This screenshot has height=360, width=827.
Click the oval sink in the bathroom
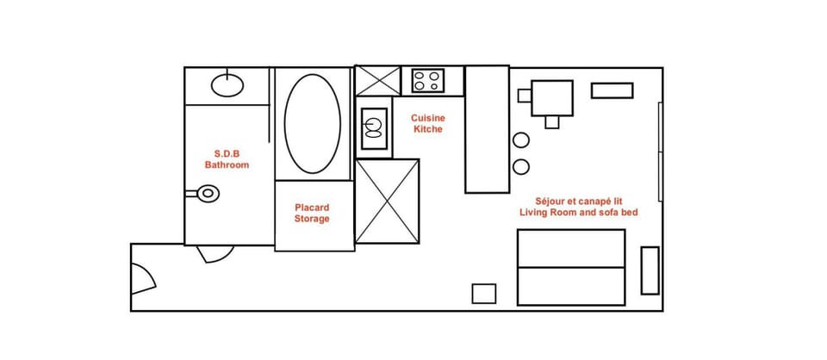(x=227, y=84)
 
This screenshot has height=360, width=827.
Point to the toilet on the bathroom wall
(x=206, y=193)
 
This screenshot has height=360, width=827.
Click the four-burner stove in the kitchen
(x=426, y=81)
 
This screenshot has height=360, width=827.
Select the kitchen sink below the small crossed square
(x=373, y=127)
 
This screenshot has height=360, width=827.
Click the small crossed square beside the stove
(x=377, y=81)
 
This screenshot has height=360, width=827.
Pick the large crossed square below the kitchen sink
(x=387, y=201)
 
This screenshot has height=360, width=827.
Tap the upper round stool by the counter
(x=521, y=140)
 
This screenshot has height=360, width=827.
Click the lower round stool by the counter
(x=521, y=166)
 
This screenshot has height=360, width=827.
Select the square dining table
(x=552, y=97)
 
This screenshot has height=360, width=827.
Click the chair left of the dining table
(x=524, y=95)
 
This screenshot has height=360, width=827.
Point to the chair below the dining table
(x=552, y=122)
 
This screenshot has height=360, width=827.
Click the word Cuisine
(x=427, y=118)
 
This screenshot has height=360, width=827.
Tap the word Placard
(x=312, y=208)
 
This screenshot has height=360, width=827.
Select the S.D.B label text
(x=226, y=153)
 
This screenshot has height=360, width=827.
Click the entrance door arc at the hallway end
(x=143, y=277)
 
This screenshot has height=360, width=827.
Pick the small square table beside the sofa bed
(x=484, y=293)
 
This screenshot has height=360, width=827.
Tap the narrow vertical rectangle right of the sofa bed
(x=650, y=270)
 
